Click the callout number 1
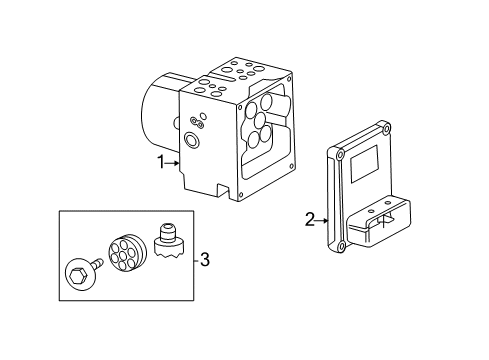point(161,163)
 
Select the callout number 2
point(310,220)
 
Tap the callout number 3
point(205,259)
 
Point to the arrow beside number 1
point(173,163)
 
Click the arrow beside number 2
point(322,220)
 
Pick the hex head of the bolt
point(78,275)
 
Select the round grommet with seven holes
point(127,252)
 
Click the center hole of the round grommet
point(123,256)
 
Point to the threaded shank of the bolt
point(97,263)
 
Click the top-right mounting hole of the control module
point(386,129)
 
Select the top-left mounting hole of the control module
point(340,155)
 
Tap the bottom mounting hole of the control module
point(342,247)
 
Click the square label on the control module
point(364,163)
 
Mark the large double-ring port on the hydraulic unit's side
point(192,140)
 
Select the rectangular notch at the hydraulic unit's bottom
point(224,190)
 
